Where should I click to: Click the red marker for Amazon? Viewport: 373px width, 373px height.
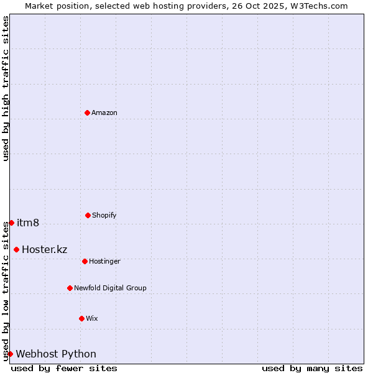coord(87,113)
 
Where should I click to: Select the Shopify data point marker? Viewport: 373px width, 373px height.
coord(88,215)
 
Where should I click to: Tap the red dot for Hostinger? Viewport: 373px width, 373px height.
coord(85,261)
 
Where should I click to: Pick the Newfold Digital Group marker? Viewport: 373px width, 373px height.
coord(70,288)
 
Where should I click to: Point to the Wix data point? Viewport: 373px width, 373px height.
coord(81,318)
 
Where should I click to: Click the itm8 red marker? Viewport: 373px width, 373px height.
coord(11,223)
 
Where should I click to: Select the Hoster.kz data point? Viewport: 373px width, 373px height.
coord(16,249)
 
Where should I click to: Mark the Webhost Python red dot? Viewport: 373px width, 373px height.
coord(10,354)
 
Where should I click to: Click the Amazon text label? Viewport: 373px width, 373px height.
coord(104,113)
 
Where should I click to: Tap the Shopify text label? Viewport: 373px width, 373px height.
coord(104,215)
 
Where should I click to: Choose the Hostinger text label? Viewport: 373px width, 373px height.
coord(104,261)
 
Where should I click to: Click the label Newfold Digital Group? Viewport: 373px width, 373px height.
coord(110,288)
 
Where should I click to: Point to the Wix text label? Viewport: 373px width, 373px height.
coord(92,318)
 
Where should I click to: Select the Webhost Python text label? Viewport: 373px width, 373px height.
coord(56,354)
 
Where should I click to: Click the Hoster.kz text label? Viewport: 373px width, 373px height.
coord(44,249)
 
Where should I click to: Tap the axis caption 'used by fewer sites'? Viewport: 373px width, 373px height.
coord(64,368)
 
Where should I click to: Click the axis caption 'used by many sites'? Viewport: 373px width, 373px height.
coord(312,368)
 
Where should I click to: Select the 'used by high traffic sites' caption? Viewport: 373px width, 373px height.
coord(6,88)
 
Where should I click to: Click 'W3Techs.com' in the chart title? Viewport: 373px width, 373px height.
coord(321,6)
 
